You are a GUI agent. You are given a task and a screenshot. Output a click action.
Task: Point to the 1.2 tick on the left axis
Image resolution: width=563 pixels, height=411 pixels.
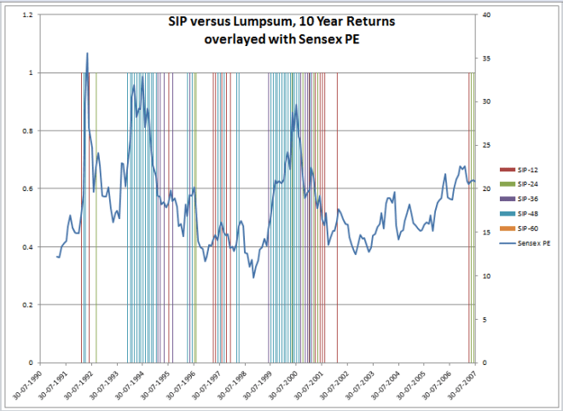[x=28, y=15]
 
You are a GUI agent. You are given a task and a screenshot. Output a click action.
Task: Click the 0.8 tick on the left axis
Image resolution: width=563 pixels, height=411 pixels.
[x=28, y=131]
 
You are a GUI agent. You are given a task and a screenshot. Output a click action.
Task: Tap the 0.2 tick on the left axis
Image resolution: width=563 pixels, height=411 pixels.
[x=28, y=304]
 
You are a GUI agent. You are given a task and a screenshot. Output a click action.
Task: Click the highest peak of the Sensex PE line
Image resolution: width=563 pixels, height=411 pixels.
[x=87, y=54]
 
